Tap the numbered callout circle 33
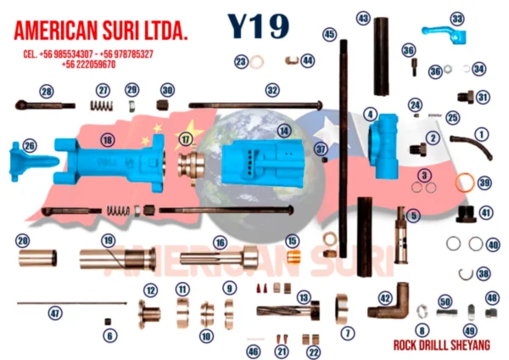pyautogui.click(x=458, y=18)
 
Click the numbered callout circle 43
pyautogui.click(x=363, y=18)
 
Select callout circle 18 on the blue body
pyautogui.click(x=107, y=140)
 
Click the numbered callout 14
pyautogui.click(x=283, y=131)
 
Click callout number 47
pyautogui.click(x=55, y=313)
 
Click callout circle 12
pyautogui.click(x=150, y=290)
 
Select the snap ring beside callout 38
pyautogui.click(x=466, y=273)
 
